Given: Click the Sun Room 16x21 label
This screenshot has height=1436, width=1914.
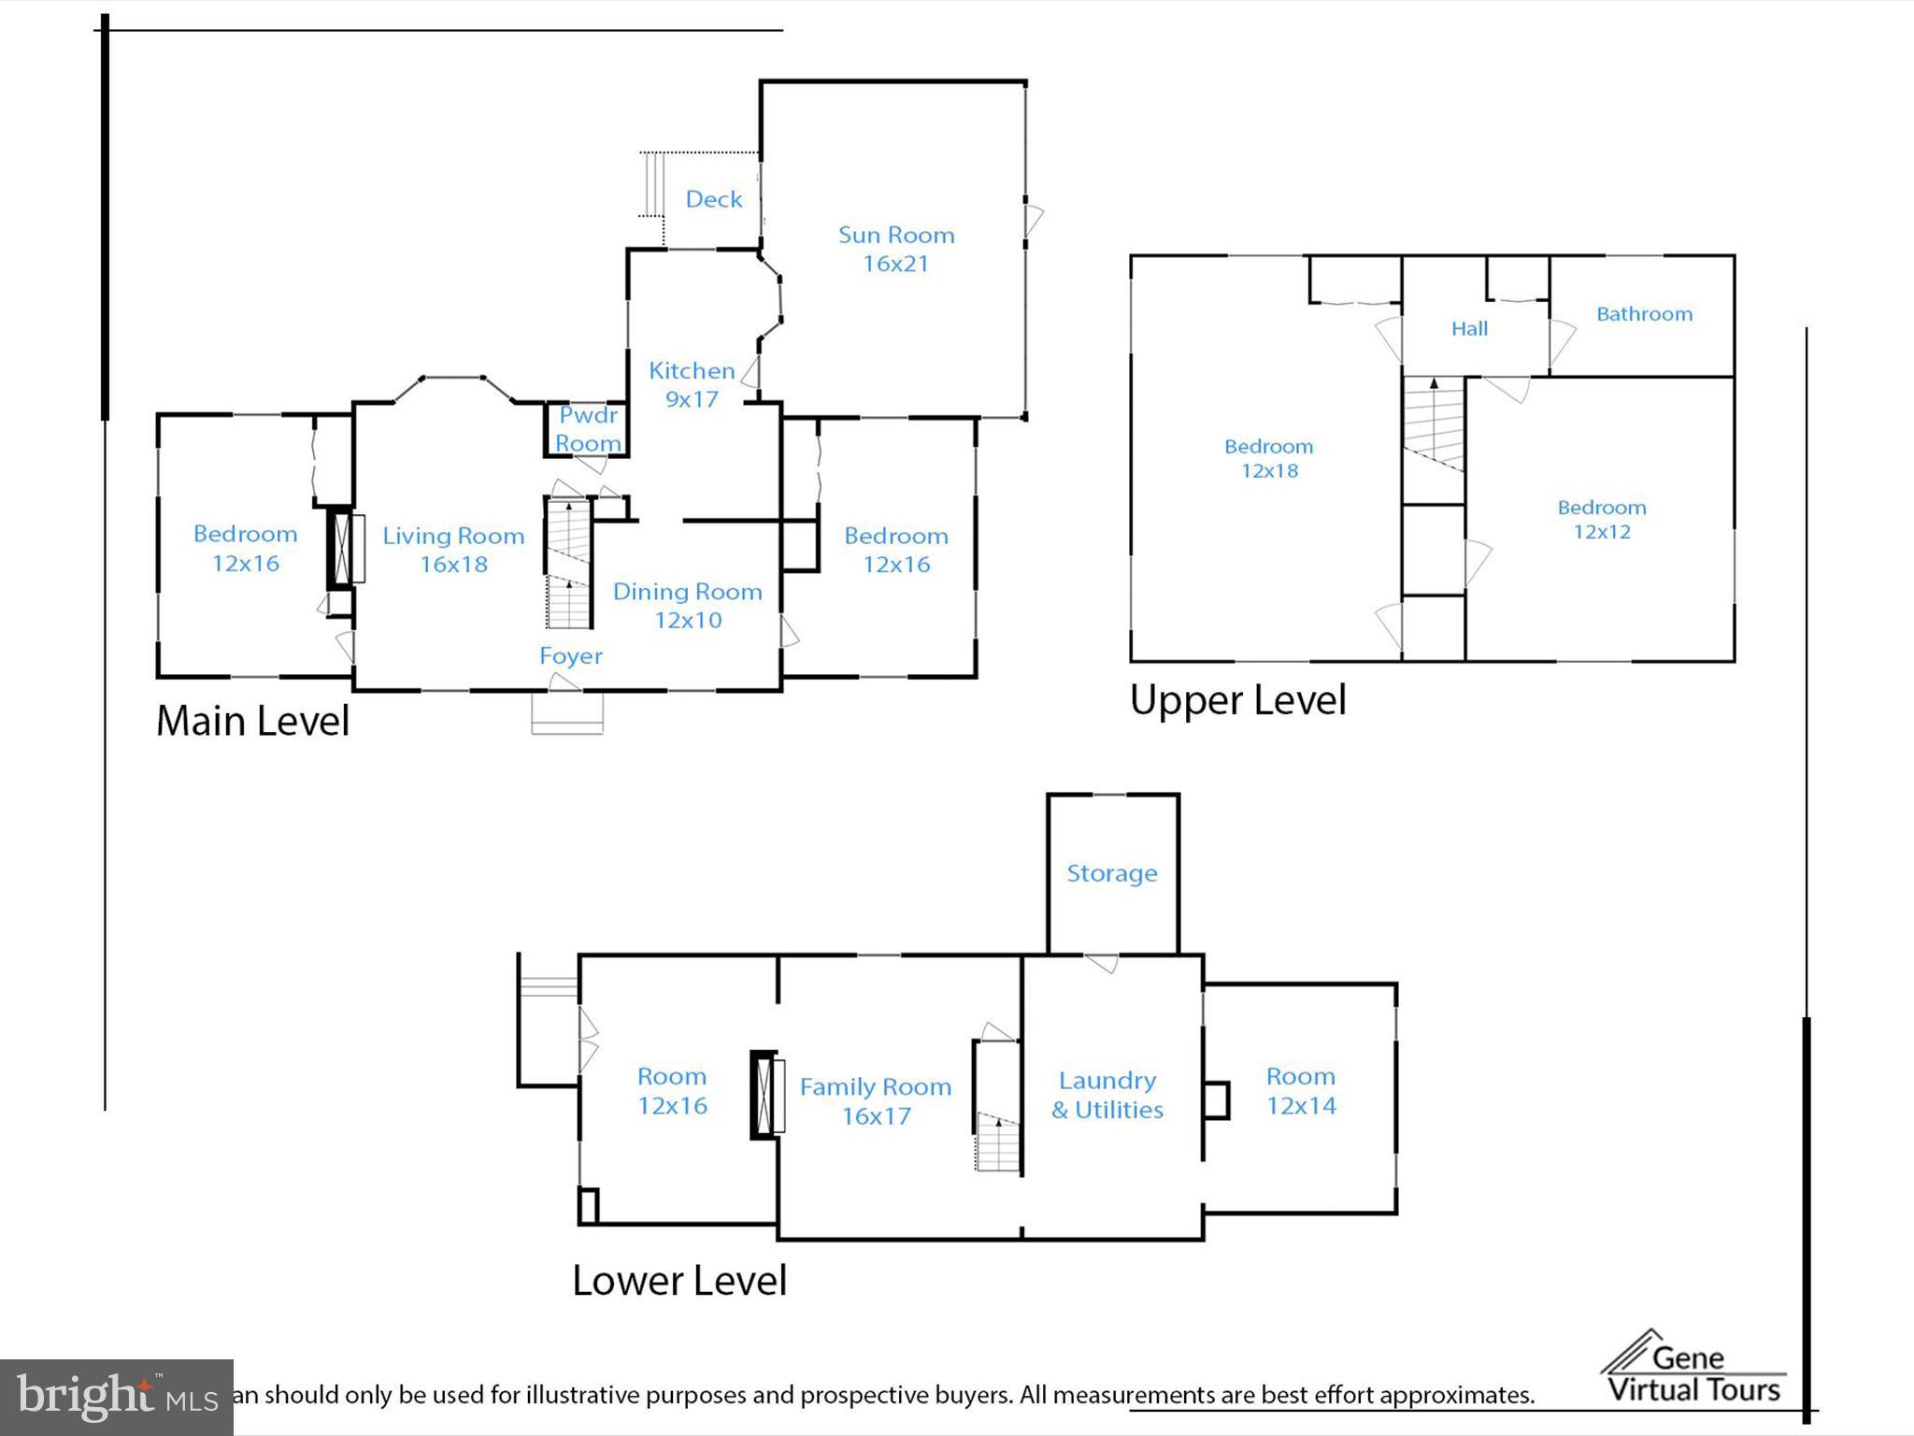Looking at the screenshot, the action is point(896,250).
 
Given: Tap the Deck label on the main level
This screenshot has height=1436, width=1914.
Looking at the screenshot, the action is point(714,199).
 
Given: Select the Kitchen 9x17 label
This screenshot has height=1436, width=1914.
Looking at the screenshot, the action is point(692,384).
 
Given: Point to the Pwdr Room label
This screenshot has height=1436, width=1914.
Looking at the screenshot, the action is point(588,429).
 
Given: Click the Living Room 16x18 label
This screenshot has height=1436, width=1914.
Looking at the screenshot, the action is point(453,550).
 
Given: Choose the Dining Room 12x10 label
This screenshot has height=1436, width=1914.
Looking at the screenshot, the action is point(688,606).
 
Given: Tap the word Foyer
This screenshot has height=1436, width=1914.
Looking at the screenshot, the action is point(571,656).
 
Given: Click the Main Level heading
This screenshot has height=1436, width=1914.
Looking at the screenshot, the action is point(252,721).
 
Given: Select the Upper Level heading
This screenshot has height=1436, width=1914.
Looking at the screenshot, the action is point(1238,700).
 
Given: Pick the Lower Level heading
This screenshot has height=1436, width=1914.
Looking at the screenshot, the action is point(679,1281).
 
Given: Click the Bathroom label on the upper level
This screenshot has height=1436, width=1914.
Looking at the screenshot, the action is point(1644,314).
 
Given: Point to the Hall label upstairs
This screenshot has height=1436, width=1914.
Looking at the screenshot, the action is point(1469,329).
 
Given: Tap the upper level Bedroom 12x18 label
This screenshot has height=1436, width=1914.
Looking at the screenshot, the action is point(1269,458).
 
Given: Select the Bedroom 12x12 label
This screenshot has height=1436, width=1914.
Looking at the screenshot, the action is point(1602,520).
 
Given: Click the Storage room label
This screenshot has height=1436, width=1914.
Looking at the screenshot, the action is point(1112,873).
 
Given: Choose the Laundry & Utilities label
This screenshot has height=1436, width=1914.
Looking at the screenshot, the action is point(1107,1095).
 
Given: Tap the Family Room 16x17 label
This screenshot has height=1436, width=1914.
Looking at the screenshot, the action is point(876,1101).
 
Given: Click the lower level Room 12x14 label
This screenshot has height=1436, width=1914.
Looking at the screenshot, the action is point(1301,1091).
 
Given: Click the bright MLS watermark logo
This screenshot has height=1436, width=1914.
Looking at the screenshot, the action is point(117,1397).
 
